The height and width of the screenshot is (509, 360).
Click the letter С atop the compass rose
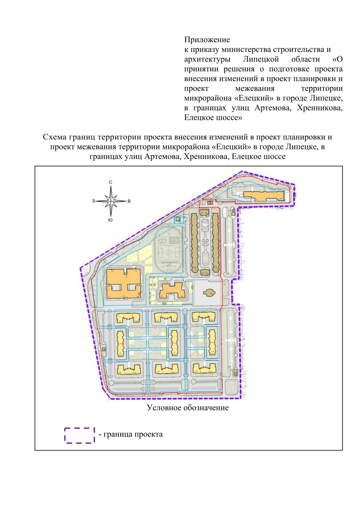111,182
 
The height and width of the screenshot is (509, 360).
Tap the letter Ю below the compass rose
110,220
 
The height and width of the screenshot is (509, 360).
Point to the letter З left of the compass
93,201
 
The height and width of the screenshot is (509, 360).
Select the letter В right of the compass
129,201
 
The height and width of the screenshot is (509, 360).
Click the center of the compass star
111,201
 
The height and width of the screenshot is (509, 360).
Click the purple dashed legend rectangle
79,435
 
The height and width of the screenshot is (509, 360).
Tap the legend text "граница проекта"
133,434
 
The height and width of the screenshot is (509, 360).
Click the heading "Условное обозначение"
187,408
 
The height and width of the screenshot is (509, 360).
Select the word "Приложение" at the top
207,40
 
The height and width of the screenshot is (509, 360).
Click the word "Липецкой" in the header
261,59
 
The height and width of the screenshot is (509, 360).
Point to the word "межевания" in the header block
255,88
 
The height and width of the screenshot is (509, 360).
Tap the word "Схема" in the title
55,137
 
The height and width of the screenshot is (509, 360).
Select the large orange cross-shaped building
123,283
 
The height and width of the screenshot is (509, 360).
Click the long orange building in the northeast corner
263,196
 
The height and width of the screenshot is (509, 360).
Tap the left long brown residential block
194,241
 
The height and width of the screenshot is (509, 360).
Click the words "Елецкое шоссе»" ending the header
213,118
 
